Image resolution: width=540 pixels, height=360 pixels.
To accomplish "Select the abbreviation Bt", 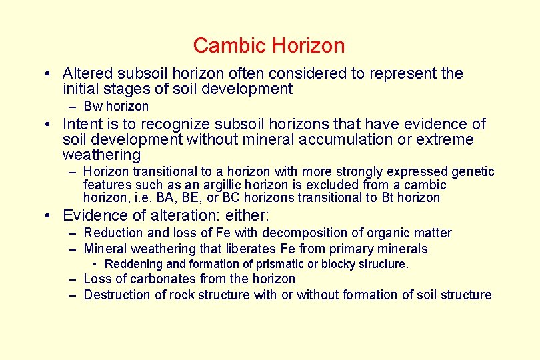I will click(x=389, y=197).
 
